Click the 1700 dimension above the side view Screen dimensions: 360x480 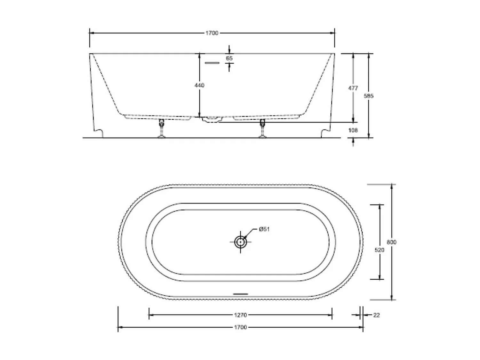tap(212, 33)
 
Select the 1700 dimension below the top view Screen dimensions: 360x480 tap(240, 327)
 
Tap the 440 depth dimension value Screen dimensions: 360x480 tap(199, 85)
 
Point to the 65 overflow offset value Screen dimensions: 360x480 tap(229, 58)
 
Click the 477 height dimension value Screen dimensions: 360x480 tap(353, 88)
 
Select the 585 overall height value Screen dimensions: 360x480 tap(369, 96)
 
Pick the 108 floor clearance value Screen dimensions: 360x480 tap(353, 130)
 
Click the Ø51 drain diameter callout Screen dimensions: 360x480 tap(264, 229)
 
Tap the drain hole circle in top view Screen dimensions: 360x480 tap(240, 242)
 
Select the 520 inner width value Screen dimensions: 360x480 tap(380, 250)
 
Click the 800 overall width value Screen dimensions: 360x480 tap(391, 242)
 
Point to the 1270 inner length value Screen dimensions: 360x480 tap(240, 315)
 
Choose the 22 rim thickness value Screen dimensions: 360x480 tap(376, 315)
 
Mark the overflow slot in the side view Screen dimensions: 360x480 tap(212, 63)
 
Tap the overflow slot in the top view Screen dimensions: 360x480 tap(240, 294)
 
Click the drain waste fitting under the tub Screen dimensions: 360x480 tap(212, 120)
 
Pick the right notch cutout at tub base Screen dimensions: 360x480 tap(325, 132)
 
